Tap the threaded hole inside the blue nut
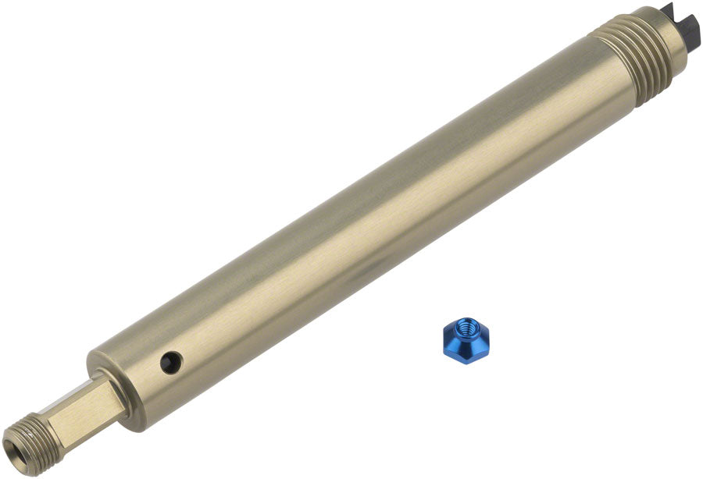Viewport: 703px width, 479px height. pos(466,330)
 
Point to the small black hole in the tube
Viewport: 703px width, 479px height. pos(171,361)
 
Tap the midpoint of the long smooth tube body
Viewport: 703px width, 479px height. pos(367,226)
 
